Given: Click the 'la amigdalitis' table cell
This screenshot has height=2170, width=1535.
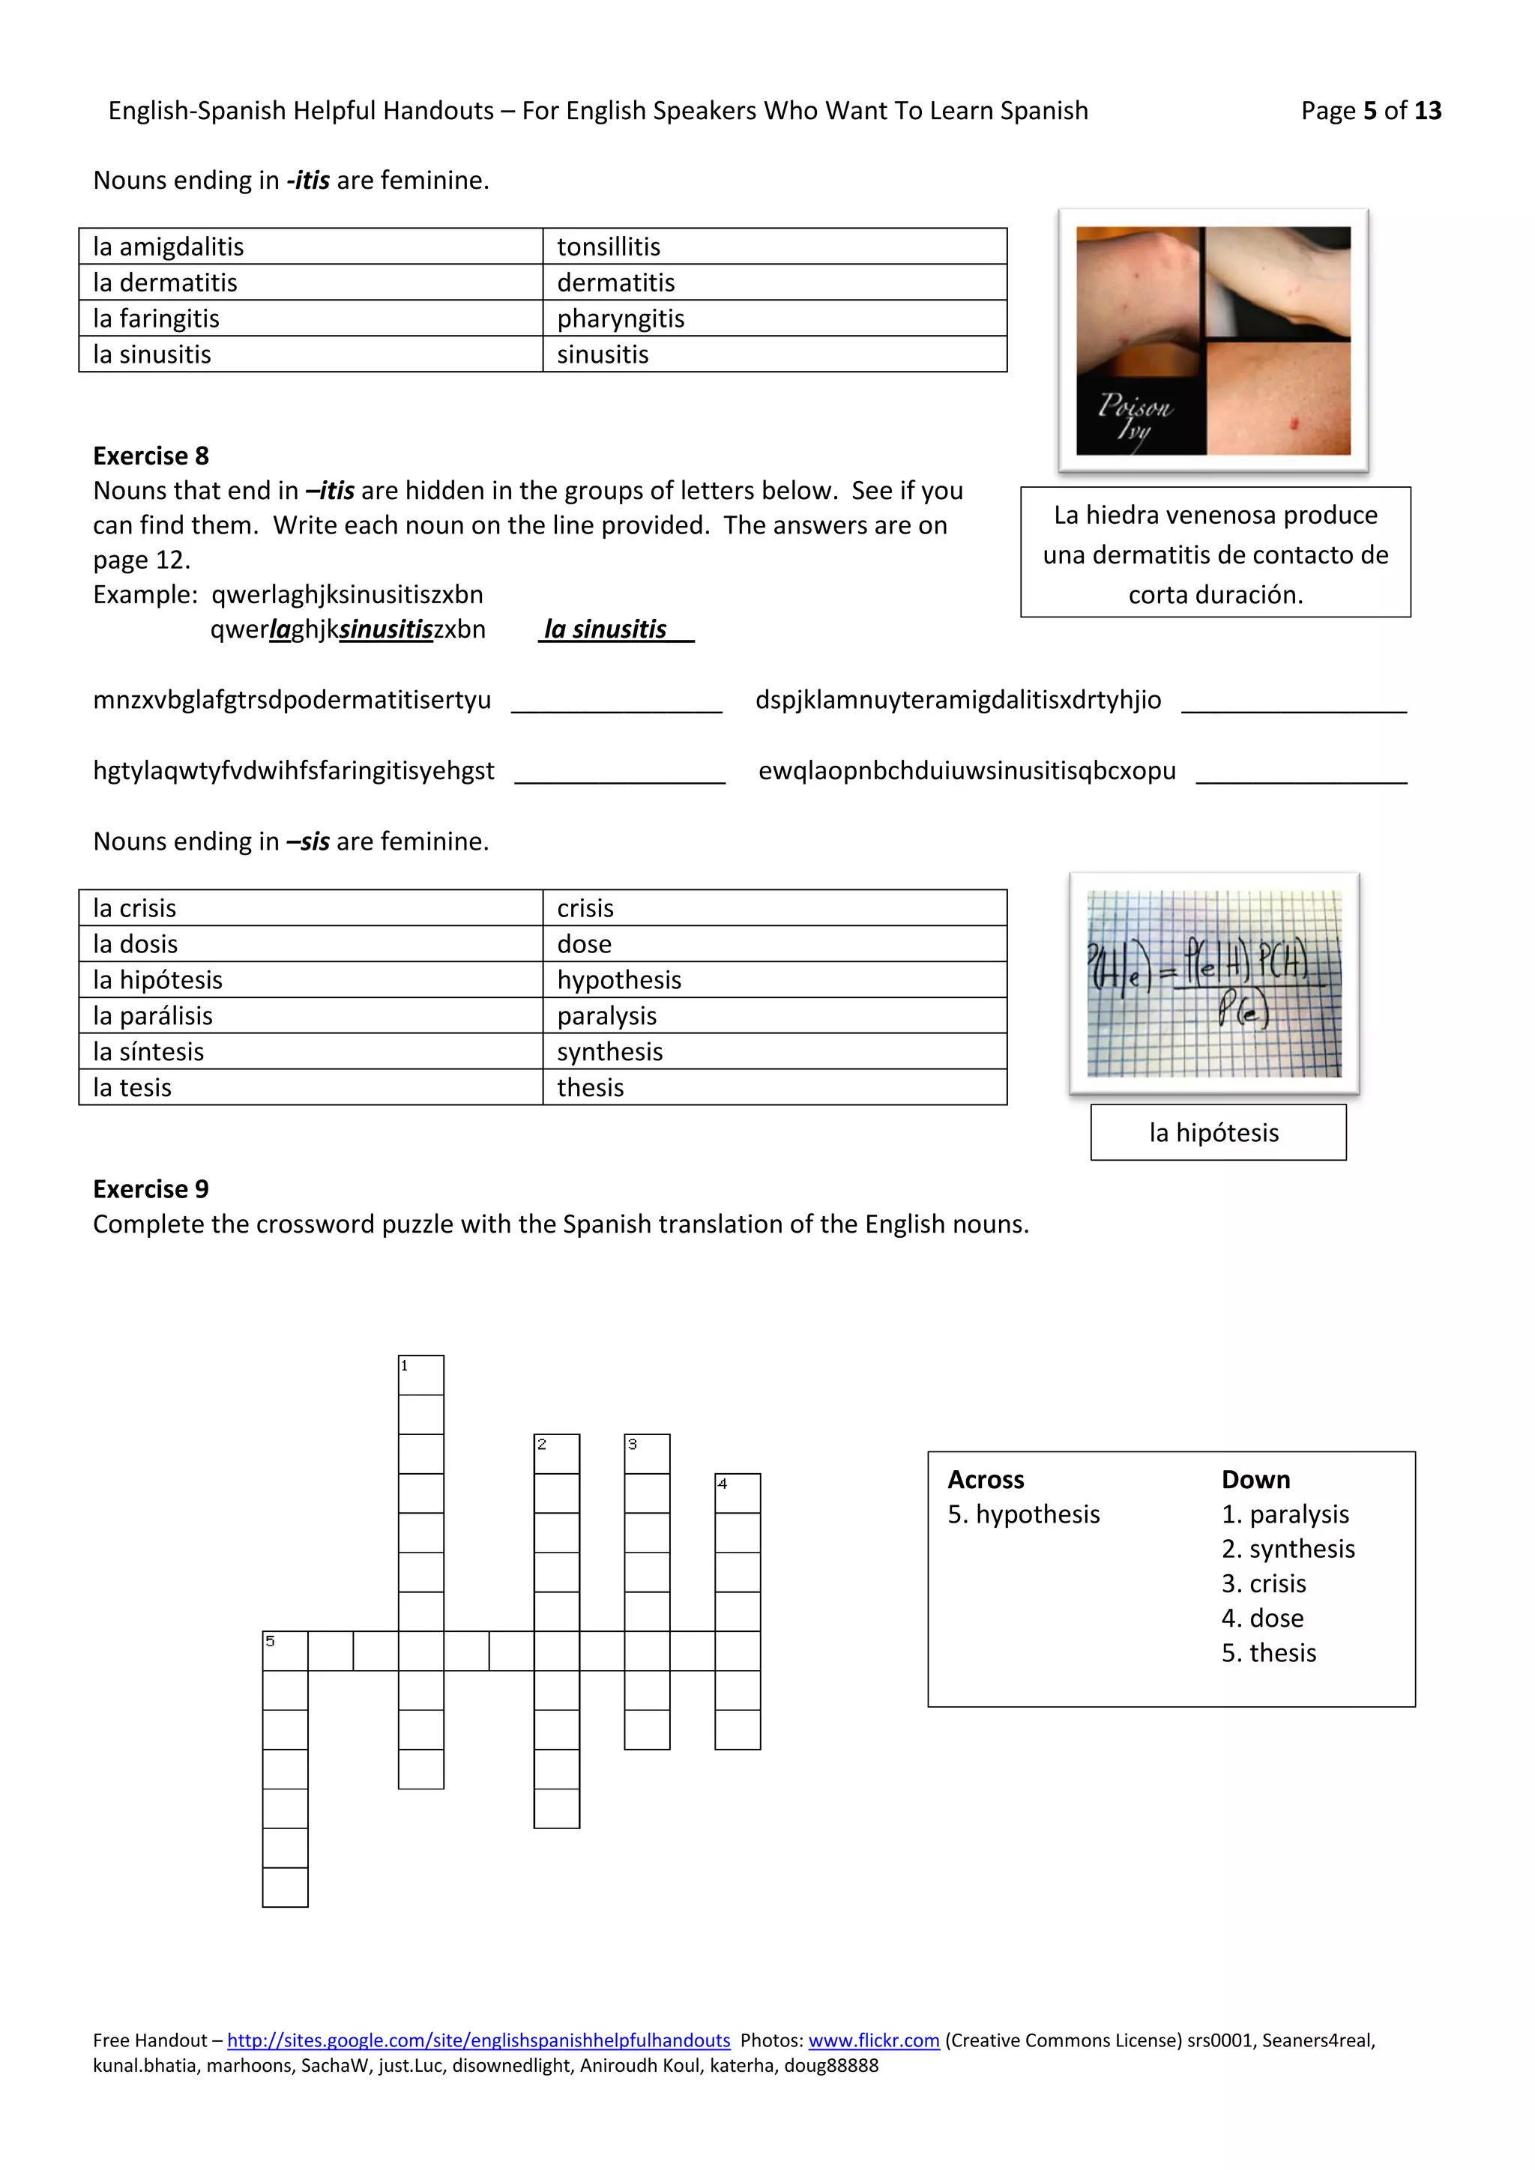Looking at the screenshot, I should point(310,247).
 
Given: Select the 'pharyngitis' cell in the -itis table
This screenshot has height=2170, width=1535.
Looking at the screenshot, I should point(774,318).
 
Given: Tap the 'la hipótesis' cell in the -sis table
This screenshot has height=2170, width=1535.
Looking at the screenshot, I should point(310,980).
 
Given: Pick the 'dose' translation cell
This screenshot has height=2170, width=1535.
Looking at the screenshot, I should point(774,944).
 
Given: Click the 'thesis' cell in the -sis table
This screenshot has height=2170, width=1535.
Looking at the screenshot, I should point(774,1088).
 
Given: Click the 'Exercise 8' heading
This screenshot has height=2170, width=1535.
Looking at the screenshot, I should point(151,456).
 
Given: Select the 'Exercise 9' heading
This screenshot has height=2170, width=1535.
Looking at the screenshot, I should point(151,1189).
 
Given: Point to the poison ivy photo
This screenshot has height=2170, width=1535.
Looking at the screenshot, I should point(1213,340).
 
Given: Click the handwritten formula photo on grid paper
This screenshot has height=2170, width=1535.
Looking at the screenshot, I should point(1213,983).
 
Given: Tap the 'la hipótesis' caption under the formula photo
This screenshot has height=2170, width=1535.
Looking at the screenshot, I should point(1217,1132).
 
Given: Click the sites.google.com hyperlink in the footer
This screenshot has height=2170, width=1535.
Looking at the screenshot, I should point(478,2040).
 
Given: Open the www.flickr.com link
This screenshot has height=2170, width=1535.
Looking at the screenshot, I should point(873,2040).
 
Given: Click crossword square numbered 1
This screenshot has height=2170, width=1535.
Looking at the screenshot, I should point(420,1375).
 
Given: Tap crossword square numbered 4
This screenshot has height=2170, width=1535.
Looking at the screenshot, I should point(738,1493).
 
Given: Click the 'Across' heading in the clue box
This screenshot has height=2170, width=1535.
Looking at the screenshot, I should point(986,1479).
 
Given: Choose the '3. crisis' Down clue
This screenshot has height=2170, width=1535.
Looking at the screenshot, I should point(1264,1583).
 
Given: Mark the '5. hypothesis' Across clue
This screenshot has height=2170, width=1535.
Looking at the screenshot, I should point(1024,1514).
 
